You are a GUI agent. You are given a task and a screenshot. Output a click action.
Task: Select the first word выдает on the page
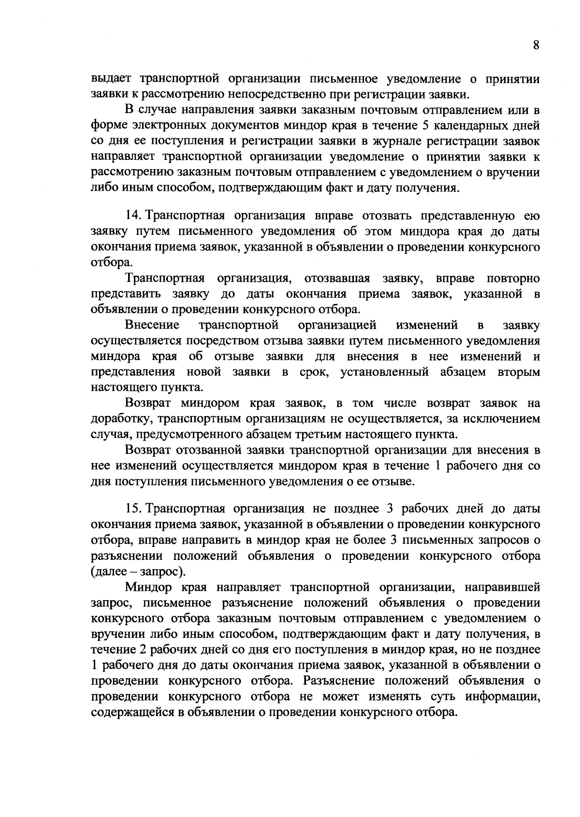pos(112,79)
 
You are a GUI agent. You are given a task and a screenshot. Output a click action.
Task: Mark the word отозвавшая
pos(337,279)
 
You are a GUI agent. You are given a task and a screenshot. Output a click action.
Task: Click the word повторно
pos(513,279)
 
